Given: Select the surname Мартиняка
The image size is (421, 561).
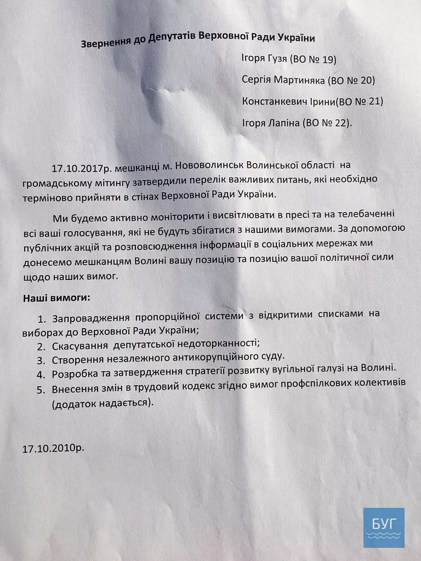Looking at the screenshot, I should (298, 81).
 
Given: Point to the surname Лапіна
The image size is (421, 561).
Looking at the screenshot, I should (281, 123).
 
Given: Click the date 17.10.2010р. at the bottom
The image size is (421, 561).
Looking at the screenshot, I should (53, 448).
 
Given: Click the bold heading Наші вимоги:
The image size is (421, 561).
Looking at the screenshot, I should (56, 299).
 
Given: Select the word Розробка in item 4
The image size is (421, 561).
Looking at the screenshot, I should (75, 375).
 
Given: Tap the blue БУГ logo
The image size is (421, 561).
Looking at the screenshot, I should (384, 527).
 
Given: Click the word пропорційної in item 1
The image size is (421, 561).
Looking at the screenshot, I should (168, 317).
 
